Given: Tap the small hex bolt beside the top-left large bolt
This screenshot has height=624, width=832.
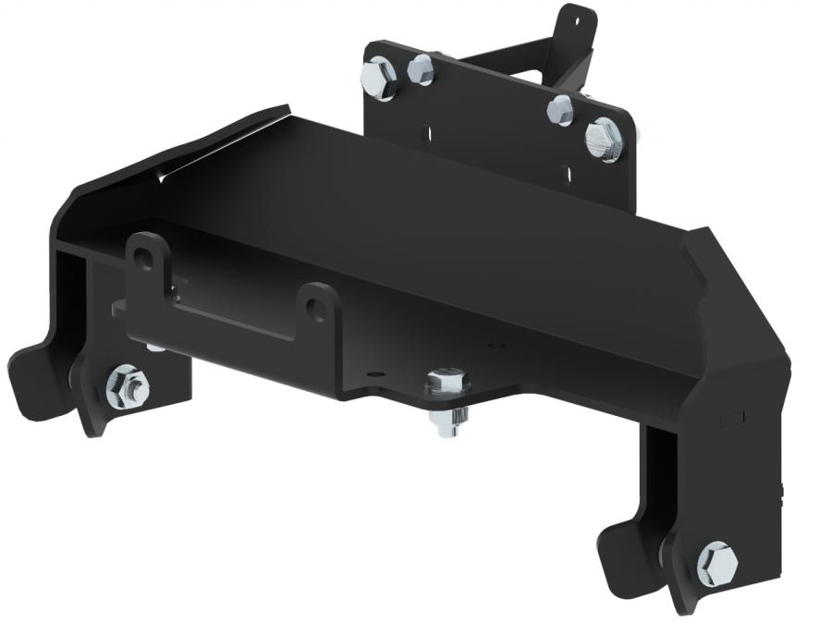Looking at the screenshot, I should coord(421,68).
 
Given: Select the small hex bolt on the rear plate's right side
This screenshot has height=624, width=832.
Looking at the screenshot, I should coord(560,109).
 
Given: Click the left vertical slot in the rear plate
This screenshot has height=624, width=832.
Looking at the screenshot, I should coord(428,131).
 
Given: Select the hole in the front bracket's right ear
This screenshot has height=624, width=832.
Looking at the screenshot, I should coord(316,308).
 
